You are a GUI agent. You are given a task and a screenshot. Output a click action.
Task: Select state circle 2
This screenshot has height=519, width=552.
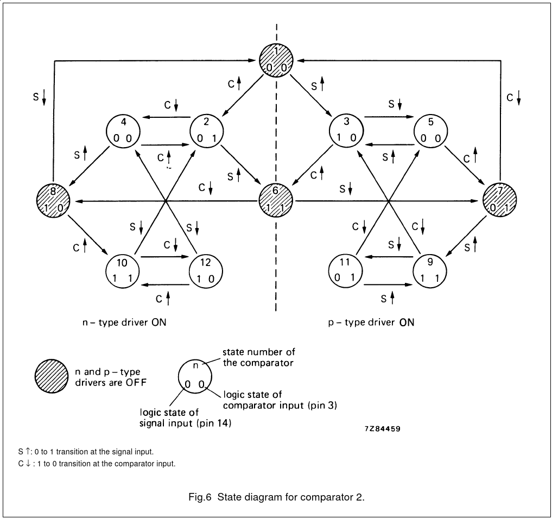[207, 131]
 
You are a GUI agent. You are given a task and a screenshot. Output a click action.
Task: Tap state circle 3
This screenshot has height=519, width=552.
[346, 131]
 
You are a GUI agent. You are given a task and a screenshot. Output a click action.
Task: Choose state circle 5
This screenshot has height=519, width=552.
[431, 131]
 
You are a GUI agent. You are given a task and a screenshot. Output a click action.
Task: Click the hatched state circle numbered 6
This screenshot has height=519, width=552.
[276, 200]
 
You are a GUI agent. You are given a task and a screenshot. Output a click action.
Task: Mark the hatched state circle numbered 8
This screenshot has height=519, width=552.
[53, 200]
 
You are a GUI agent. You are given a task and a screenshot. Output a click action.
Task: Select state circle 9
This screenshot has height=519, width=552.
[430, 270]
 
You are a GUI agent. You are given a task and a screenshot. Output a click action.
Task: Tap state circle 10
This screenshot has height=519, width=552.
[122, 270]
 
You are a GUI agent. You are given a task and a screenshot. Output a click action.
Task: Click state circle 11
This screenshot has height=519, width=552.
[346, 270]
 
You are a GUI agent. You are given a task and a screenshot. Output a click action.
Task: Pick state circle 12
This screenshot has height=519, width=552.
[206, 270]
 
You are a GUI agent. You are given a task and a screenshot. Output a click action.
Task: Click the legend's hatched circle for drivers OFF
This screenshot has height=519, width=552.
[53, 377]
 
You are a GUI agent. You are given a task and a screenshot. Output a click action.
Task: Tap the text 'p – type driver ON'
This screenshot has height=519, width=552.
[371, 322]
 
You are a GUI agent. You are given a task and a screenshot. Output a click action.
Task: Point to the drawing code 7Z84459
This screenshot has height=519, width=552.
[383, 429]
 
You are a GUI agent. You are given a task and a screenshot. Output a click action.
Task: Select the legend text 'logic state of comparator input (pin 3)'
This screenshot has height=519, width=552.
[280, 400]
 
